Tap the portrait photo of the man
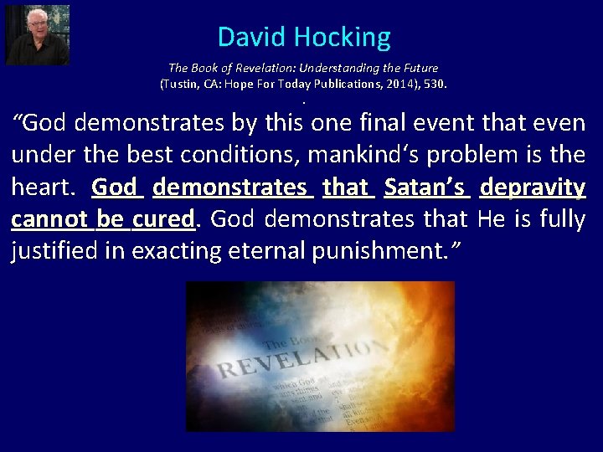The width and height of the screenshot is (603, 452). (x=38, y=34)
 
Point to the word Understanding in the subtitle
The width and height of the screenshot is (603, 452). (x=338, y=68)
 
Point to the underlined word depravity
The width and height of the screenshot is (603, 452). (x=533, y=187)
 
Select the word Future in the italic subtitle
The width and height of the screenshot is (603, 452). (x=417, y=68)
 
